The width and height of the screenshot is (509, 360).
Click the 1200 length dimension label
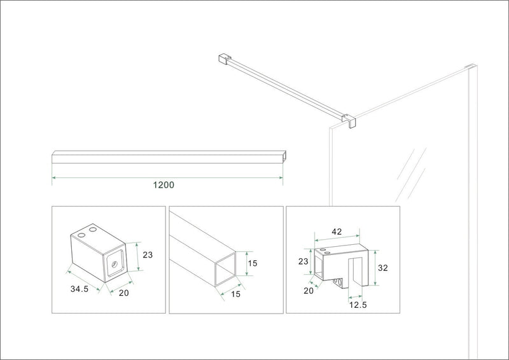pyautogui.click(x=164, y=185)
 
